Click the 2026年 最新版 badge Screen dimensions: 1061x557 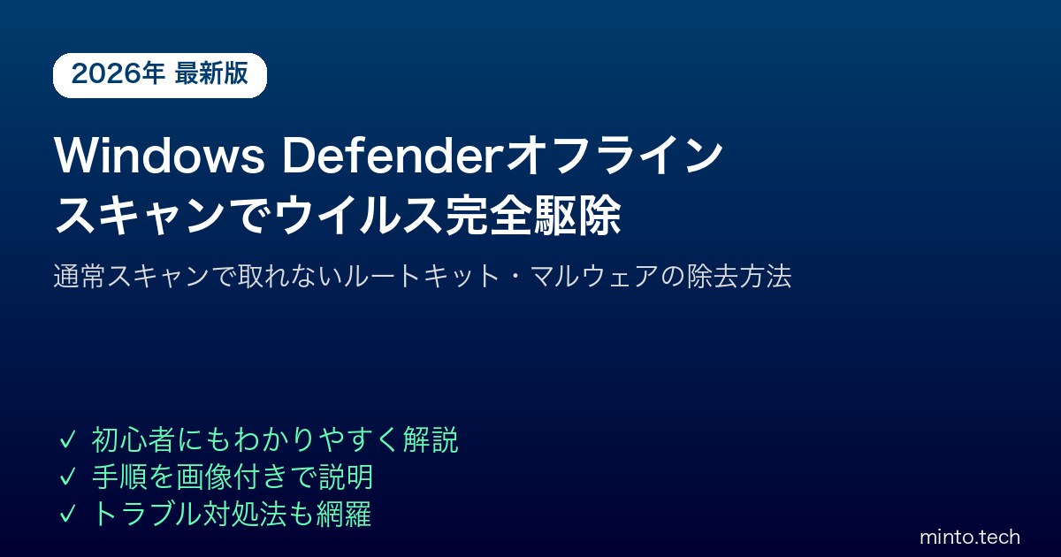[160, 75]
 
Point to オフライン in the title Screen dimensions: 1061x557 [614, 156]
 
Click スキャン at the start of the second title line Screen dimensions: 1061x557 [140, 216]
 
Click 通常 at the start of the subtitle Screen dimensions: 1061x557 [80, 276]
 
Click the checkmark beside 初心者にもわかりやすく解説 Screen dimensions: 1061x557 [67, 440]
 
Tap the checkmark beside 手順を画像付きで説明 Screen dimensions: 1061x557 [67, 477]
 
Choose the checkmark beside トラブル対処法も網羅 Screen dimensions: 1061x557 [67, 514]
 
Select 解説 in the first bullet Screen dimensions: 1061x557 [431, 440]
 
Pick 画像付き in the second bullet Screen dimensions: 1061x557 [232, 477]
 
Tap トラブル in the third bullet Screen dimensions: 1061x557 [147, 514]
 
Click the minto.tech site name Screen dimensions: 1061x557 [970, 538]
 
